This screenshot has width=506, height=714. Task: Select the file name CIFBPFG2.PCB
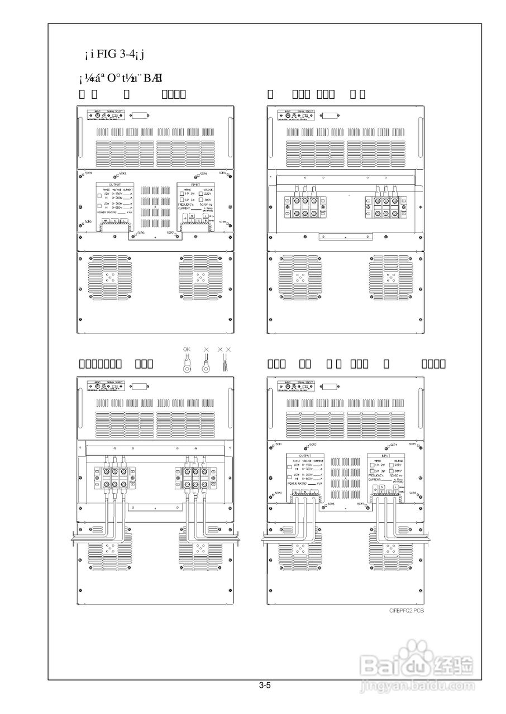point(407,611)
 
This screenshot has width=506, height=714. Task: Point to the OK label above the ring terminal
point(187,349)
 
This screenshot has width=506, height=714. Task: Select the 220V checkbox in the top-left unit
point(202,194)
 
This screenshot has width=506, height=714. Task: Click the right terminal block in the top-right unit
point(385,206)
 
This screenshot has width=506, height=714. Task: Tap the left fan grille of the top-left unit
point(107,277)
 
